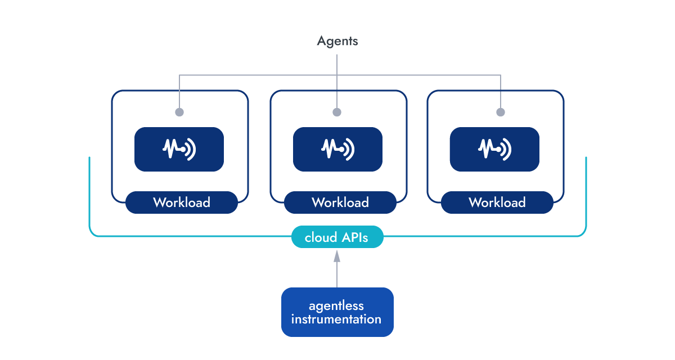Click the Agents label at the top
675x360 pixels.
click(337, 41)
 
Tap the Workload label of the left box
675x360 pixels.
click(181, 202)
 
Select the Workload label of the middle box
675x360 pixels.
click(340, 202)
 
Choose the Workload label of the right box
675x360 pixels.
click(497, 202)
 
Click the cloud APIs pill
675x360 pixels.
click(337, 237)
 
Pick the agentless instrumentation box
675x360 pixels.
click(337, 312)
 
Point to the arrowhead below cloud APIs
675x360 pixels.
click(337, 256)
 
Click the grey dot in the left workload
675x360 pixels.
click(179, 112)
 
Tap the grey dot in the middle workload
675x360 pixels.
click(337, 112)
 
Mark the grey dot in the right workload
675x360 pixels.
click(500, 112)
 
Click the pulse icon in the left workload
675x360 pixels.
click(179, 149)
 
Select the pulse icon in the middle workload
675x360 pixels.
click(337, 149)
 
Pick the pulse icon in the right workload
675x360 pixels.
click(494, 149)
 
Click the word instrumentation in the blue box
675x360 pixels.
click(336, 319)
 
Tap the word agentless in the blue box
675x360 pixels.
click(336, 306)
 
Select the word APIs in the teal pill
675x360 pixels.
click(354, 237)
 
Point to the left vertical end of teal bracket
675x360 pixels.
click(89, 191)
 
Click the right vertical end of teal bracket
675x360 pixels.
click(586, 191)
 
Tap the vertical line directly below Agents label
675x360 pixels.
click(337, 62)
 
